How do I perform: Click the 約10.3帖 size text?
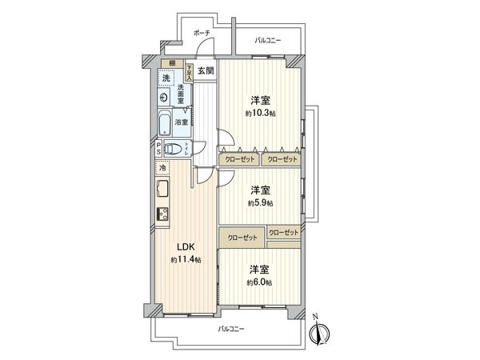pyautogui.click(x=259, y=114)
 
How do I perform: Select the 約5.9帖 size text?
pyautogui.click(x=259, y=204)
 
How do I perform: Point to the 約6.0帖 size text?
pyautogui.click(x=258, y=283)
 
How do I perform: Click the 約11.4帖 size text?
pyautogui.click(x=185, y=261)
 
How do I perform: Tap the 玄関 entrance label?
pyautogui.click(x=206, y=70)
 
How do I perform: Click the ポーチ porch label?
pyautogui.click(x=202, y=34)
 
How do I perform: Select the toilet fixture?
pyautogui.click(x=174, y=147)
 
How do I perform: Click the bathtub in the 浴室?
pyautogui.click(x=165, y=122)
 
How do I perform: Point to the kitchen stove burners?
pyautogui.click(x=162, y=214)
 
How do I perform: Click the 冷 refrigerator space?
pyautogui.click(x=162, y=169)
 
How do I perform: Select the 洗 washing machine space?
pyautogui.click(x=166, y=78)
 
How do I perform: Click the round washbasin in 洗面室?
pyautogui.click(x=164, y=97)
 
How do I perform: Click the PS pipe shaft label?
pyautogui.click(x=159, y=147)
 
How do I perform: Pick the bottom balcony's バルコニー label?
pyautogui.click(x=231, y=329)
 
